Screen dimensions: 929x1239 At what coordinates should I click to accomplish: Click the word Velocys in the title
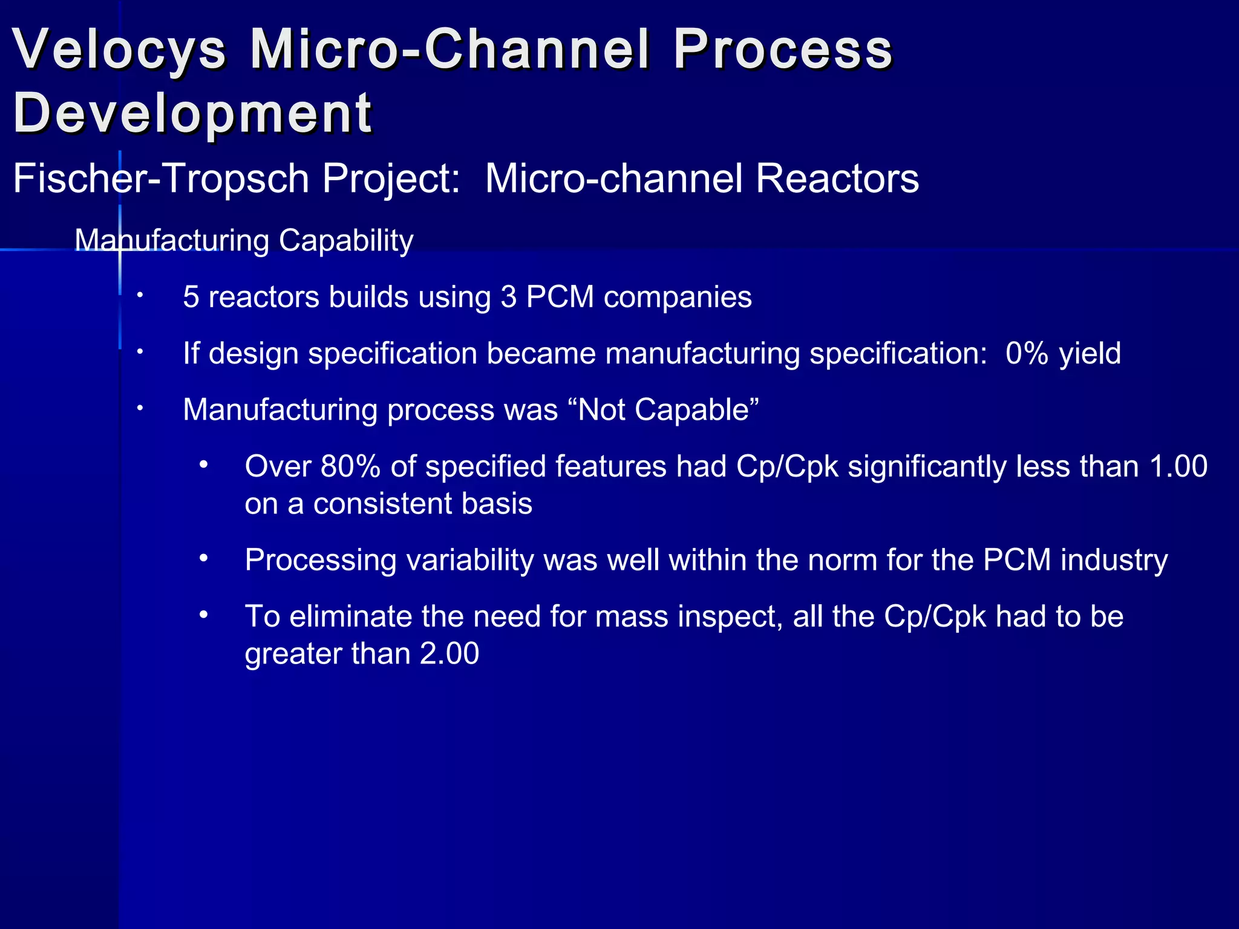click(119, 50)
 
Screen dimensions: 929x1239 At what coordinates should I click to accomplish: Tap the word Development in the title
click(192, 113)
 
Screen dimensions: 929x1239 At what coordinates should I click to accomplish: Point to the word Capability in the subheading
click(346, 241)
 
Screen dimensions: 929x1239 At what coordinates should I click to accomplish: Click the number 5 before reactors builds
click(191, 298)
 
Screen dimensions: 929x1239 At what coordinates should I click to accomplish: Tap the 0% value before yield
click(1027, 353)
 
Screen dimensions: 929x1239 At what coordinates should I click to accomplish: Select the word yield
click(1090, 354)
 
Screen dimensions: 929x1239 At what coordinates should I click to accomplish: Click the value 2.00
click(449, 654)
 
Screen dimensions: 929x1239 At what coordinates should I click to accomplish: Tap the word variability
click(470, 560)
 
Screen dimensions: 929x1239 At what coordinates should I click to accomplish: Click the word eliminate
click(350, 616)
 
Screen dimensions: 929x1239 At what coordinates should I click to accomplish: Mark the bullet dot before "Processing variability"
click(204, 558)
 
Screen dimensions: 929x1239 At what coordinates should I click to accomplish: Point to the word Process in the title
click(783, 50)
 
